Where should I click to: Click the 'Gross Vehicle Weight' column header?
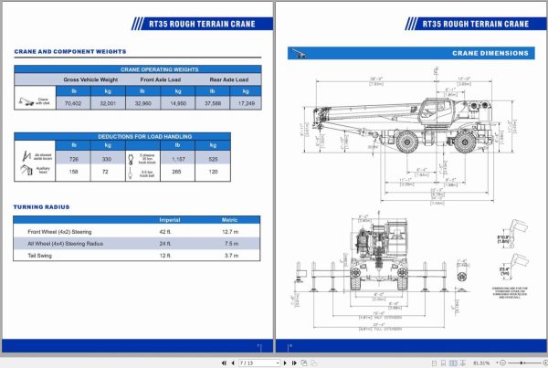point(90,79)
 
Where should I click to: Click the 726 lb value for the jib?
point(73,159)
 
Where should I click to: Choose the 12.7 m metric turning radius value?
point(230,232)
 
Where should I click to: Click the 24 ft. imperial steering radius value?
point(164,244)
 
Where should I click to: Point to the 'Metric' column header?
point(230,220)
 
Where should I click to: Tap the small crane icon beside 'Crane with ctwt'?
point(25,103)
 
